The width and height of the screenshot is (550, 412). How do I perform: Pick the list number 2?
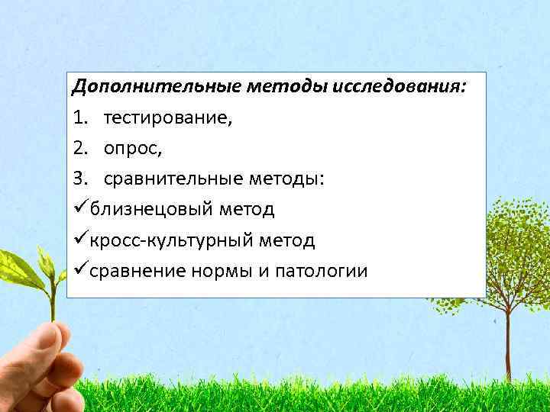point(79,148)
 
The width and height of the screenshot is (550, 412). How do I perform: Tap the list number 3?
point(79,179)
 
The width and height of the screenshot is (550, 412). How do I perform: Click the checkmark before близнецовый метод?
point(79,208)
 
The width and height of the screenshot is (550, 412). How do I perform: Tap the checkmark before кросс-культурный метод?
point(79,240)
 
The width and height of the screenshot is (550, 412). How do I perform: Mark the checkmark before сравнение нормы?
point(79,270)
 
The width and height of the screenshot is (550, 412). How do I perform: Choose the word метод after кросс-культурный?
point(286,240)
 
